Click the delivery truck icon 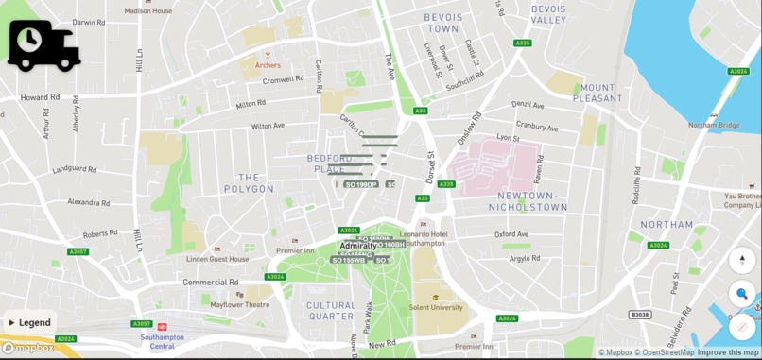click(x=43, y=45)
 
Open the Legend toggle click(x=29, y=322)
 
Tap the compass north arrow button click(x=742, y=260)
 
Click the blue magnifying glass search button click(x=742, y=294)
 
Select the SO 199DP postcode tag click(x=360, y=184)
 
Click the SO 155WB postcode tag click(x=348, y=260)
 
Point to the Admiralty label click(x=357, y=246)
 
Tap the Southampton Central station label click(x=162, y=340)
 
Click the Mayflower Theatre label click(x=239, y=305)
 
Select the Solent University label click(x=435, y=307)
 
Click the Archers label click(x=268, y=65)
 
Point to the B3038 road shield click(x=640, y=315)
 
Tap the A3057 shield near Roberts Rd click(x=78, y=251)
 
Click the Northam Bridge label click(x=714, y=125)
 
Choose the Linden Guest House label click(x=217, y=259)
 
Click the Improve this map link click(x=728, y=352)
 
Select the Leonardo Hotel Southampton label click(x=423, y=238)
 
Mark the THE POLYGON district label click(x=249, y=183)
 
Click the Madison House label click(x=148, y=10)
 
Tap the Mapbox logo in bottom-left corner click(x=27, y=349)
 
